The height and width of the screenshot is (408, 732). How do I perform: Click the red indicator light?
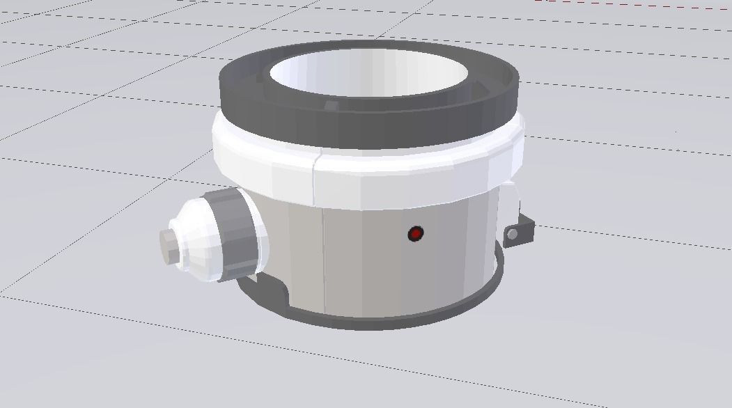pyautogui.click(x=415, y=234)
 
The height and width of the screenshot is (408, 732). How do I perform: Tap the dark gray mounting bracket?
pyautogui.click(x=521, y=230)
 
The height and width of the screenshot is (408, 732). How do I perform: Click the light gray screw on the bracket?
pyautogui.click(x=513, y=235)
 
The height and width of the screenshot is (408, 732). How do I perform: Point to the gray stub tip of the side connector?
pyautogui.click(x=166, y=246)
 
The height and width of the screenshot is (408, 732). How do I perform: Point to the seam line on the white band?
pyautogui.click(x=315, y=178)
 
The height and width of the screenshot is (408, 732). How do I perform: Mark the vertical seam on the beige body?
pyautogui.click(x=323, y=258)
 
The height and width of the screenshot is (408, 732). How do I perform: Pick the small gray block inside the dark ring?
pyautogui.click(x=332, y=106)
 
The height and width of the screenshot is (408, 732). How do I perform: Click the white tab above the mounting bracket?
pyautogui.click(x=513, y=202)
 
